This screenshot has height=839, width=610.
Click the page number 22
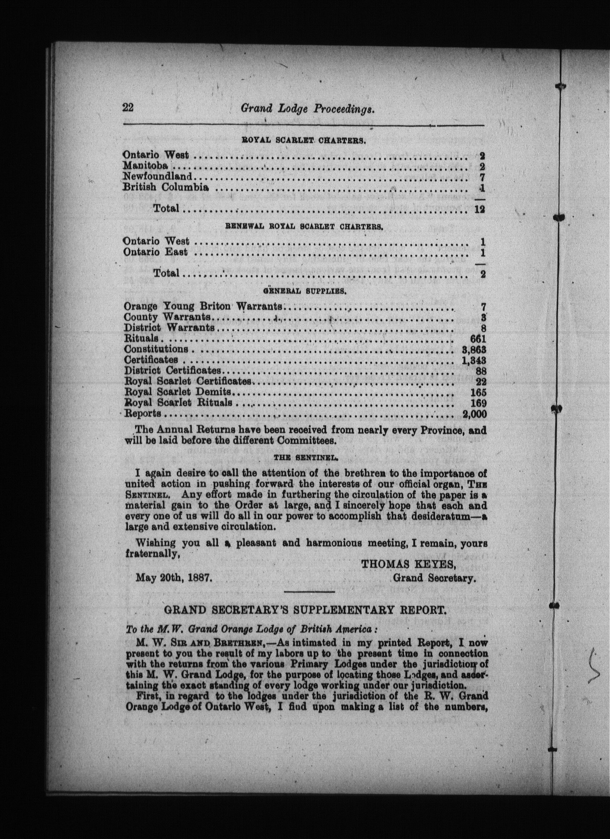(128, 108)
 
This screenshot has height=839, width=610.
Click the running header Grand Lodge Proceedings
(308, 108)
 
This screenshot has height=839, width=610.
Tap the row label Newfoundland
(158, 176)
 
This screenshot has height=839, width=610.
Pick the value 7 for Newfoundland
(482, 177)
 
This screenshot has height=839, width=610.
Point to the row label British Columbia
(166, 187)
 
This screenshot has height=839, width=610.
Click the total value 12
(480, 209)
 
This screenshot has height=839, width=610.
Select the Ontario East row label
(155, 252)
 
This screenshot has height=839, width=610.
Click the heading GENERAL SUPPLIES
(304, 291)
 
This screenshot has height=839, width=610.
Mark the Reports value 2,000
(474, 414)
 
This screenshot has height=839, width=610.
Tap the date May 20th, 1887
(174, 578)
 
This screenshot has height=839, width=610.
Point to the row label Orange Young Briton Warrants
(203, 306)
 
